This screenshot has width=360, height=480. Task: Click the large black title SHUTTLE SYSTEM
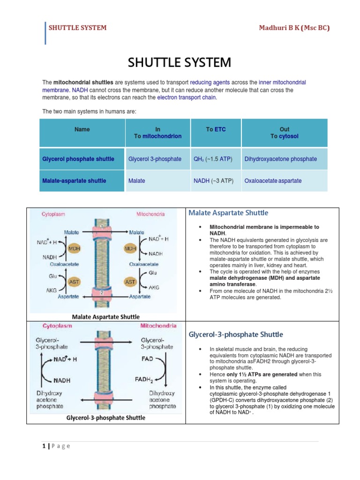pos(180,62)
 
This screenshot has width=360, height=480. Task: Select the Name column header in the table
pos(82,129)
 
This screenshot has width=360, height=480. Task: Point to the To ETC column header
pos(216,129)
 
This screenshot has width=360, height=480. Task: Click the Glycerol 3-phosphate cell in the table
pos(155,159)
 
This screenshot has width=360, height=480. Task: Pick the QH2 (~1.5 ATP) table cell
pos(216,159)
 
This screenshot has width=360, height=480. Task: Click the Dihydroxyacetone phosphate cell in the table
pos(280,159)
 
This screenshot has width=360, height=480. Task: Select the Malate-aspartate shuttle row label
pos(74,180)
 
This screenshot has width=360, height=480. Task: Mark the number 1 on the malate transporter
pos(101,226)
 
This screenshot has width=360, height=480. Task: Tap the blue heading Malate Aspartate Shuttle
pos(223,213)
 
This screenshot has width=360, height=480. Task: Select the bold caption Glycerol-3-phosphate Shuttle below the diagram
pos(105,418)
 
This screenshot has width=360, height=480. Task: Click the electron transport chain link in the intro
pos(187,97)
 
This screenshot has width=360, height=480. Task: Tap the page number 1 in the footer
pos(43,446)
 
